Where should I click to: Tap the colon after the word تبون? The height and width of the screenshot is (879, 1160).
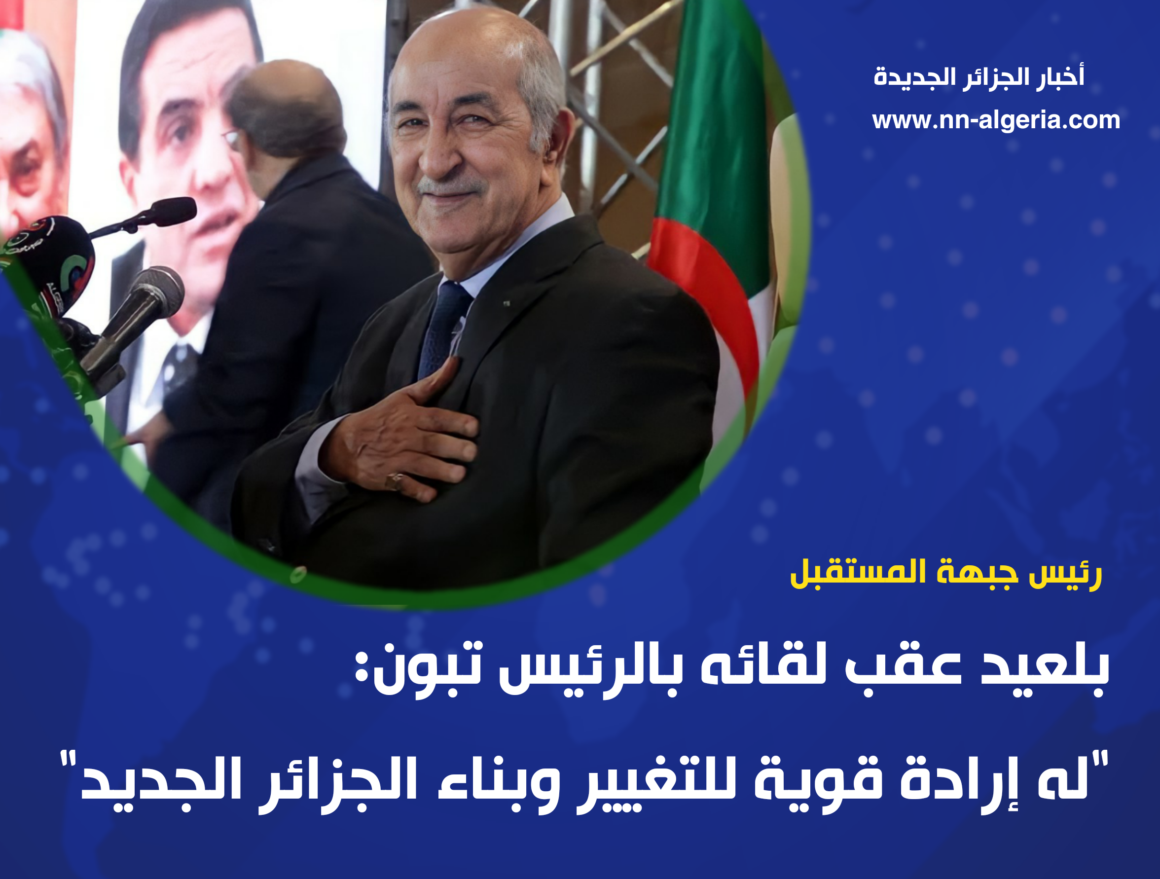point(362,670)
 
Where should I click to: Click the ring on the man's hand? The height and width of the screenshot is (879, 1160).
point(395,480)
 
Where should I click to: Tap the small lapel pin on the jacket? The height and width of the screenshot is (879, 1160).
point(507,303)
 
